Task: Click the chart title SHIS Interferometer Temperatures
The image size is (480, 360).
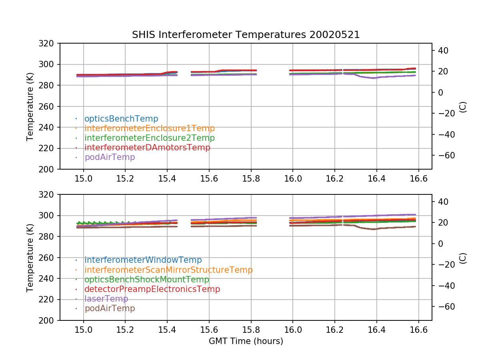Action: (246, 35)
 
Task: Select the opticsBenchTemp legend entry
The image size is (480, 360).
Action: (121, 119)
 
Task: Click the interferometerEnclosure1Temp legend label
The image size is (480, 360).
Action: (150, 128)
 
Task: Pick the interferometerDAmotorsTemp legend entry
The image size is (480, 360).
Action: (147, 148)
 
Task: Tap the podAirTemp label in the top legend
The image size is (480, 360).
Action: (110, 157)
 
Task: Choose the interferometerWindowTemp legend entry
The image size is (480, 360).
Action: (143, 260)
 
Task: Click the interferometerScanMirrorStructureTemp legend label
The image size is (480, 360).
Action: (168, 270)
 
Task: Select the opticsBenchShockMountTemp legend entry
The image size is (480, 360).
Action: (147, 280)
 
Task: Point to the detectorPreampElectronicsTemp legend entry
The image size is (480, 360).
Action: (152, 289)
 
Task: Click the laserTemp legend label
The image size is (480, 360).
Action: (106, 299)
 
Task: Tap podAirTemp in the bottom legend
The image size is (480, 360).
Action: (110, 308)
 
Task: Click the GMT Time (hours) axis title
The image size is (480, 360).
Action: (246, 341)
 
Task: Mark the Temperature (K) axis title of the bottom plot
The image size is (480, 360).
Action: (30, 258)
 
